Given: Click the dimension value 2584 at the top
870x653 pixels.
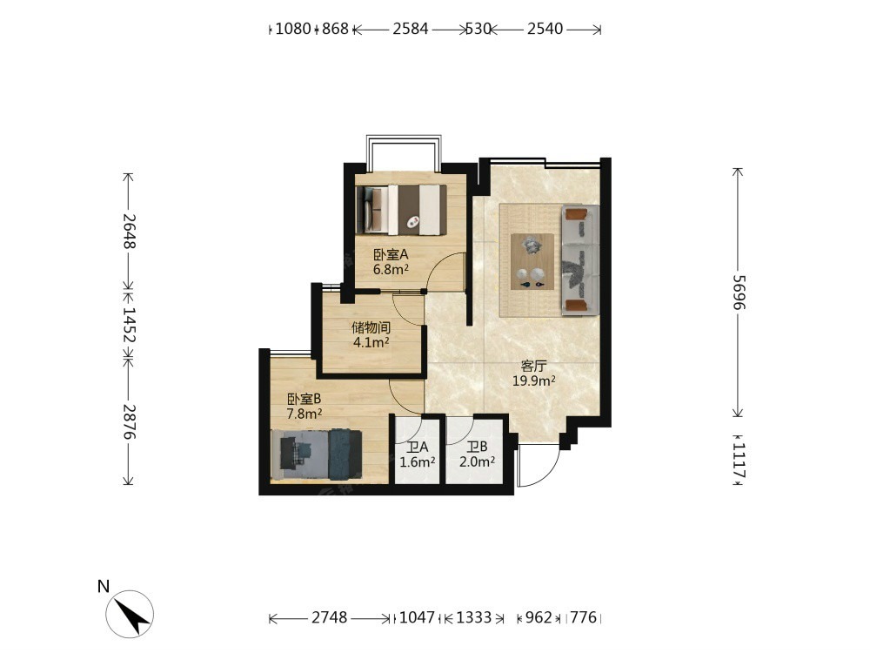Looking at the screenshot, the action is click(410, 29).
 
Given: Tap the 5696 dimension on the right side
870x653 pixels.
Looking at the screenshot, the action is click(739, 292).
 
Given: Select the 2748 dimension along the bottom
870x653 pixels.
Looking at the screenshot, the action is click(329, 617).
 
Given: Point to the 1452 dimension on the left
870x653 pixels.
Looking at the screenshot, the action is click(129, 326).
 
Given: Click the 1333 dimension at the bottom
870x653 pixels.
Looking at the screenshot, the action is click(474, 617).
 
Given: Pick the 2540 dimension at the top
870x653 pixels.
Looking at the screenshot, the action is click(545, 29).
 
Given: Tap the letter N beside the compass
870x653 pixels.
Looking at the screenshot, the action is click(104, 586).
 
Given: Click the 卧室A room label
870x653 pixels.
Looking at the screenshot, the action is click(391, 255).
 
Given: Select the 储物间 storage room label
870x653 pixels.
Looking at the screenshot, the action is click(371, 327).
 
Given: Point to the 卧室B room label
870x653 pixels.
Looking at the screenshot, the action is click(304, 399).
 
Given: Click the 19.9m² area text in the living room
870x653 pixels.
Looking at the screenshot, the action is click(534, 380).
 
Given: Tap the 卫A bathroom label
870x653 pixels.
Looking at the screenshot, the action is click(418, 447).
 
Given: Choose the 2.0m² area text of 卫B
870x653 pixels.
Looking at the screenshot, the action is click(477, 461).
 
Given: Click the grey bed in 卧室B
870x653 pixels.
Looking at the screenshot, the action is click(317, 454).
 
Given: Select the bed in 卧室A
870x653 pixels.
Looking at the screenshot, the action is click(401, 210).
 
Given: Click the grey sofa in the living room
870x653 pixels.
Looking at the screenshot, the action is click(580, 259).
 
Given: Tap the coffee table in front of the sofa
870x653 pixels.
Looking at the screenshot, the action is click(532, 261).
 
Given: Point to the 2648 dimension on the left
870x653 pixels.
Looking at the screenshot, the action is click(129, 231).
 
